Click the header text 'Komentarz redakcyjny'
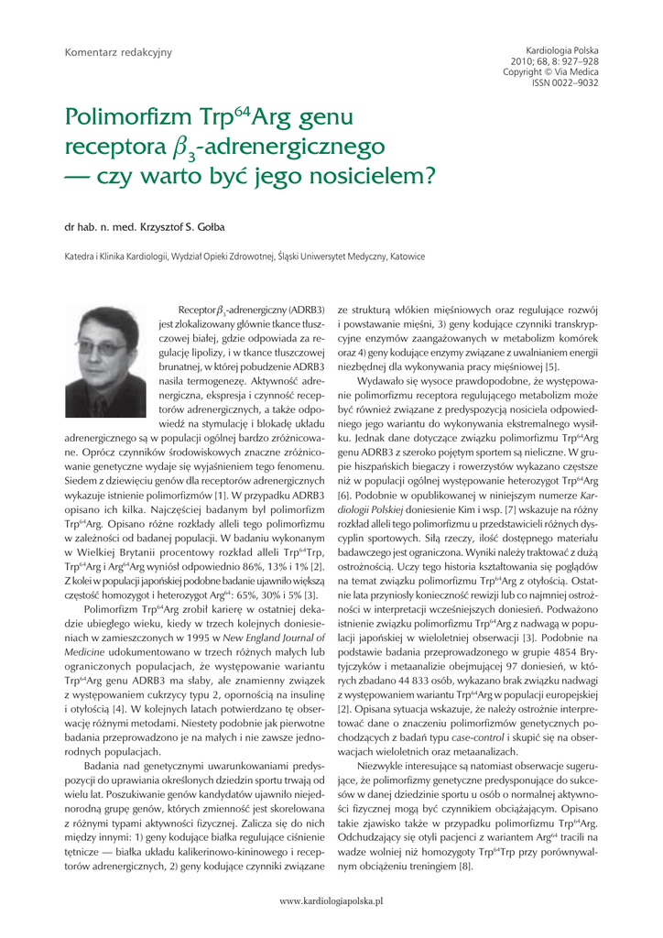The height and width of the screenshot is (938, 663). (x=118, y=53)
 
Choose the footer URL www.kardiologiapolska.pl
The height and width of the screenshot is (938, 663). (x=331, y=900)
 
